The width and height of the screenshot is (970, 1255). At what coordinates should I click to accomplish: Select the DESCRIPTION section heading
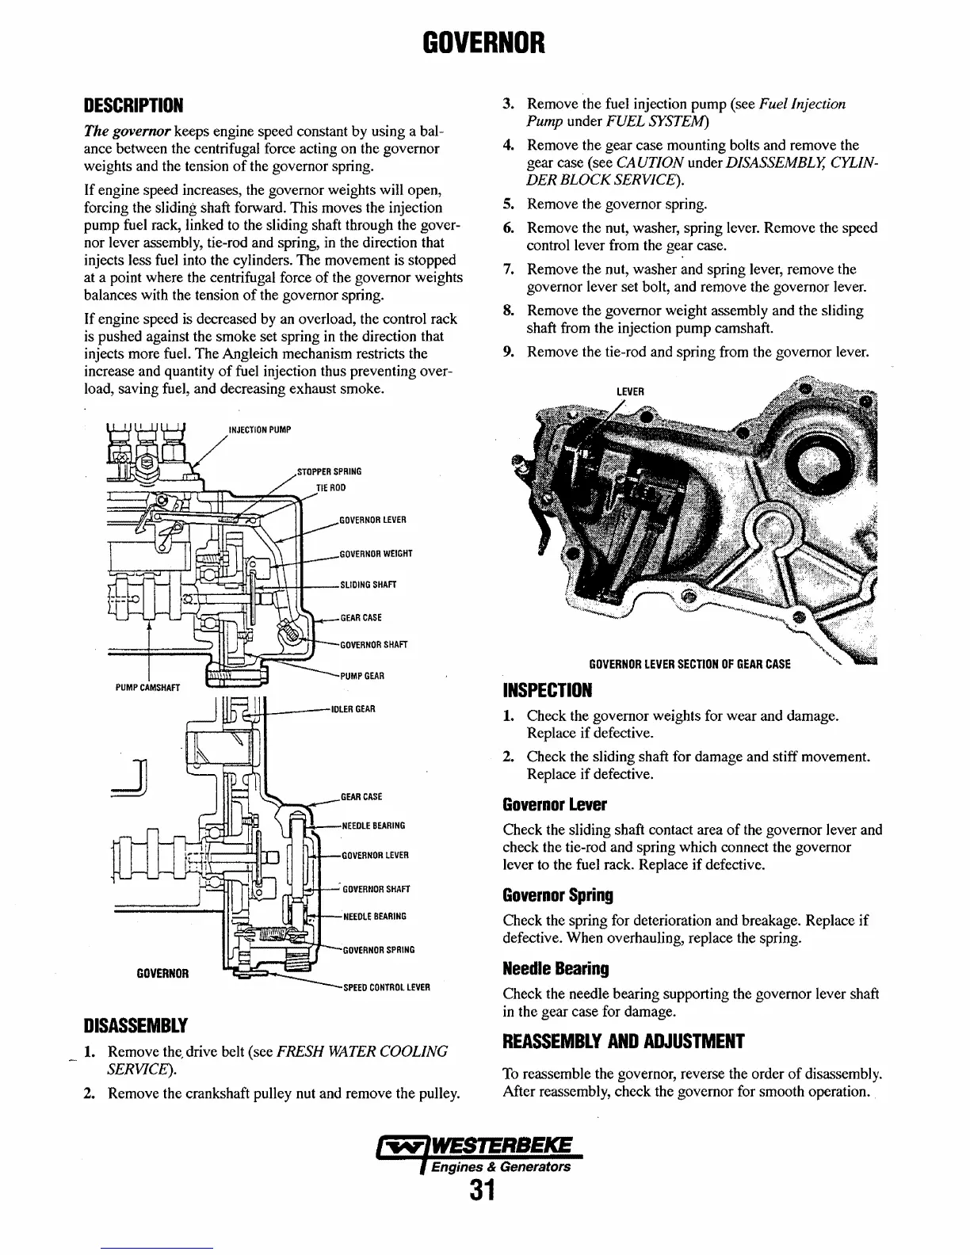(134, 105)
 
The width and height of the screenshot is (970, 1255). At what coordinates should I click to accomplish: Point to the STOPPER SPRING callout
(329, 471)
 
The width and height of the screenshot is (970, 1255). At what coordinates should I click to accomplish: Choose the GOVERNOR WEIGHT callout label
(376, 553)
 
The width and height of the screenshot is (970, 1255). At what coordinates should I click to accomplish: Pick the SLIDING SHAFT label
(368, 585)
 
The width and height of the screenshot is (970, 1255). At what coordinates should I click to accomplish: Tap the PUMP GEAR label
(362, 676)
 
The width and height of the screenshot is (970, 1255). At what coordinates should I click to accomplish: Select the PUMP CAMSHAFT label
(148, 688)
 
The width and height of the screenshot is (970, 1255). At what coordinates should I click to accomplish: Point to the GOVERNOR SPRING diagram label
(378, 949)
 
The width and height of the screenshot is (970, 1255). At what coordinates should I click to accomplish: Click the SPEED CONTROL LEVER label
(386, 987)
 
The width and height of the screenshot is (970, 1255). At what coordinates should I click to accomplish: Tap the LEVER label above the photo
(630, 391)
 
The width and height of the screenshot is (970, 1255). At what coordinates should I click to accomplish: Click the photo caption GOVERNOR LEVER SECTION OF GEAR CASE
(689, 664)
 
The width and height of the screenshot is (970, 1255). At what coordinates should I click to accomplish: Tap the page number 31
(482, 1190)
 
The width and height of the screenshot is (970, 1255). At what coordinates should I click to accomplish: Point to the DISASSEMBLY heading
(136, 1027)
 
